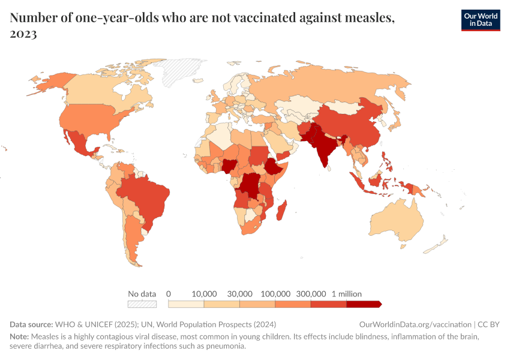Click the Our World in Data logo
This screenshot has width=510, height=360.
[480, 20]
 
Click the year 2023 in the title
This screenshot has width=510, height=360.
[23, 34]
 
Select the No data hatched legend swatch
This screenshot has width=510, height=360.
[142, 304]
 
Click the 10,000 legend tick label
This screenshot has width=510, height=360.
[204, 294]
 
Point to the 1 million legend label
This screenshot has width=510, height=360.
[346, 294]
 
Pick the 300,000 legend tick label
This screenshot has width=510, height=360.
[311, 294]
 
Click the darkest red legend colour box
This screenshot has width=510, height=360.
[363, 304]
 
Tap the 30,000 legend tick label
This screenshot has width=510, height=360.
[239, 294]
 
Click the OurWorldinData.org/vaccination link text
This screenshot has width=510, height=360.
[415, 324]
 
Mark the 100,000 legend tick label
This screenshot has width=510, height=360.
[275, 294]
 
